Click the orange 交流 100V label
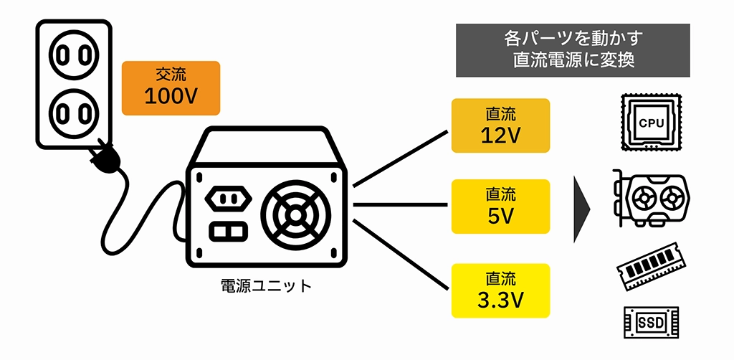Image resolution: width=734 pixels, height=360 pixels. coord(171,88)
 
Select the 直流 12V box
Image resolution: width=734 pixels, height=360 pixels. coord(500,125)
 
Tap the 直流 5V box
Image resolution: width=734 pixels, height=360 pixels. coord(500,206)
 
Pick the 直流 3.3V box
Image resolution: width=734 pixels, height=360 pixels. coord(500,290)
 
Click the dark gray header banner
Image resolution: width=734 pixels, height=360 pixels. coord(573,50)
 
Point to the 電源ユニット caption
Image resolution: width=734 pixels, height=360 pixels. coord(266,286)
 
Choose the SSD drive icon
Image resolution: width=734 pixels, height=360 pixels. coord(649,322)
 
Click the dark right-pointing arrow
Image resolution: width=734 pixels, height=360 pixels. coord(581,209)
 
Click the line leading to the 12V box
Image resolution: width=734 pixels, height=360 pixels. coord(401,159)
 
